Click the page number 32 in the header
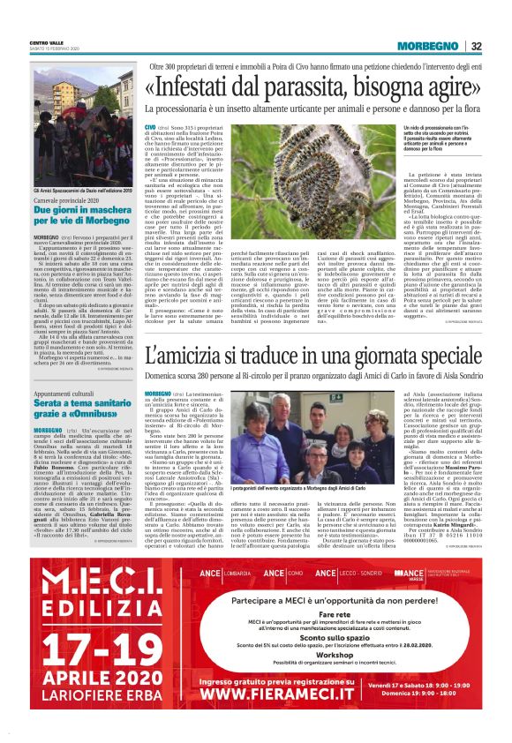[500, 46]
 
